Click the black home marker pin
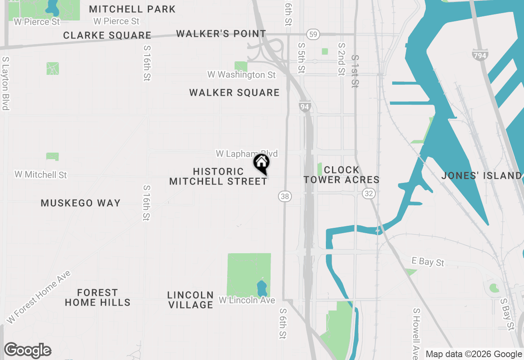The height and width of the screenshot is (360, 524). (x=261, y=163)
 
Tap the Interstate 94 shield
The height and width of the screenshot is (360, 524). (x=304, y=107)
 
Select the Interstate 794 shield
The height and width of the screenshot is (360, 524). (x=480, y=54)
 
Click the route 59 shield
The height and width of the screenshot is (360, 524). (x=313, y=34)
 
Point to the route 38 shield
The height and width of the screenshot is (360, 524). (x=285, y=196)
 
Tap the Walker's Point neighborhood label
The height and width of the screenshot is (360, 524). (x=221, y=34)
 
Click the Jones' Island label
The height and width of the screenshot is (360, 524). (x=481, y=175)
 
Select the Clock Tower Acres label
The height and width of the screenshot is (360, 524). (x=341, y=175)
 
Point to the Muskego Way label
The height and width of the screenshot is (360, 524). (x=81, y=203)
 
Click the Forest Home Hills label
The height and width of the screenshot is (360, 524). (x=97, y=297)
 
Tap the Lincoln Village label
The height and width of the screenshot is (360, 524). (x=190, y=300)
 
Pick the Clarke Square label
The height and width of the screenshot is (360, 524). (x=107, y=35)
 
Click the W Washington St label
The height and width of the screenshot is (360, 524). (x=242, y=75)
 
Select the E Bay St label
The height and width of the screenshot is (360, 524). (x=428, y=261)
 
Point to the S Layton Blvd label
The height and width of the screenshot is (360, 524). (x=5, y=83)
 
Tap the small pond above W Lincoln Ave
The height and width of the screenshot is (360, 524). (x=262, y=288)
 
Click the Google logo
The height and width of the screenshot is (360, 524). (x=27, y=350)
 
